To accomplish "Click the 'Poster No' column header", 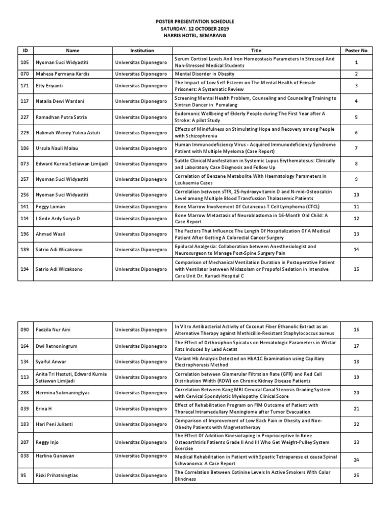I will tap(356, 51).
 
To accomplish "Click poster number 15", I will tap(356, 269).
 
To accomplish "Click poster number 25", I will tap(356, 476).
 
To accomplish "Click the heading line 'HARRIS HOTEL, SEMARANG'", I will tap(195, 36).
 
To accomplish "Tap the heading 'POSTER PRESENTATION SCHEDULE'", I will tap(195, 22).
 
